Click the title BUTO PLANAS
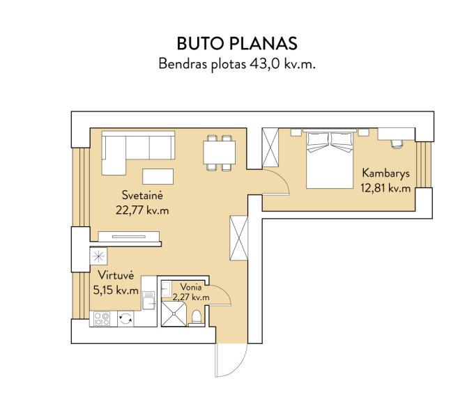point(237,43)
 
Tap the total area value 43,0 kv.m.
point(282,64)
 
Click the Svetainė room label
point(142,195)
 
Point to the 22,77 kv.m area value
point(142,210)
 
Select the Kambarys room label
point(385,173)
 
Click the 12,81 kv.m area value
point(385,188)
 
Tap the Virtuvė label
point(116,275)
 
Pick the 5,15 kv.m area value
point(116,290)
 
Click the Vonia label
point(191,287)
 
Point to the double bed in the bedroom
point(330,159)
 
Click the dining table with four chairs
point(220,153)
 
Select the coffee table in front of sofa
point(158,176)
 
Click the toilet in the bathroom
point(197,318)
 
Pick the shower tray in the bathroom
point(174,314)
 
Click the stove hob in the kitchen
point(102,319)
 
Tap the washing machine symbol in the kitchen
point(125,319)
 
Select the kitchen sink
point(149,300)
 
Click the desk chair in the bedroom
point(397,143)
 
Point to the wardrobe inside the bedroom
point(270,148)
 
